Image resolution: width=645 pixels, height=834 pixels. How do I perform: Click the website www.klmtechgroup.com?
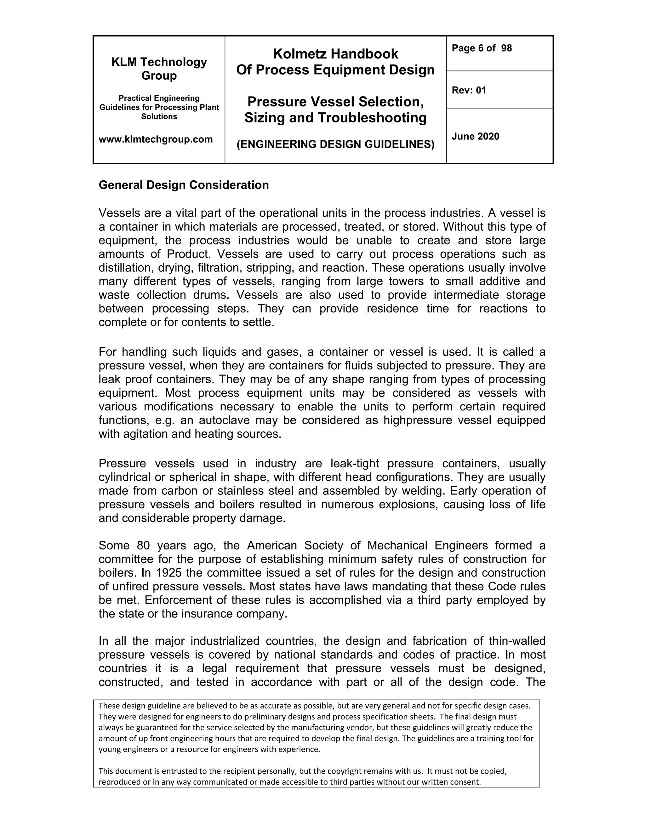coord(156,139)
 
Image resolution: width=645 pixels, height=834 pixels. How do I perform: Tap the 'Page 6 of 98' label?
coord(482,48)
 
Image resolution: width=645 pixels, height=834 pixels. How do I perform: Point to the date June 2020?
coord(475,136)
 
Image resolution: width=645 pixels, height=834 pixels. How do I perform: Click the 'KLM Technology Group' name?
coord(159,69)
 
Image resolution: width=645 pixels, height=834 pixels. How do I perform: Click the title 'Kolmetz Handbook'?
coord(335,54)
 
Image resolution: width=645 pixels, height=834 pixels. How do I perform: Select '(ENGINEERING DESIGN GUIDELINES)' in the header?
coord(335,144)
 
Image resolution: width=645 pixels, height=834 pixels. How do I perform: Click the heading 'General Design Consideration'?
coord(183,185)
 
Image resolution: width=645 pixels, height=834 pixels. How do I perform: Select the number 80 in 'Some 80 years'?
coord(143,545)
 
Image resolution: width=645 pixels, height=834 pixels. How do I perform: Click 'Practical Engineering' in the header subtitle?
coord(159,98)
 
